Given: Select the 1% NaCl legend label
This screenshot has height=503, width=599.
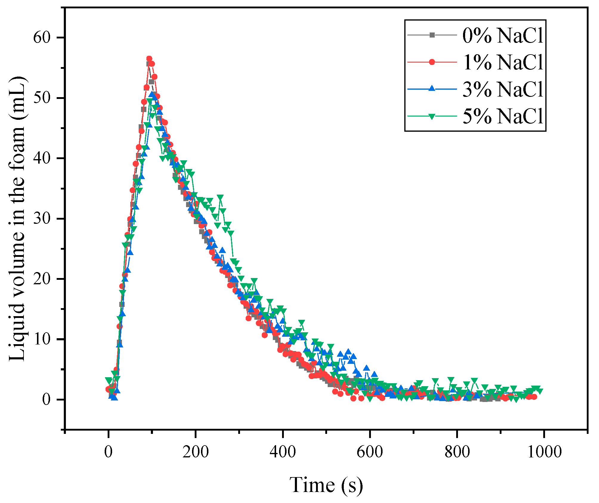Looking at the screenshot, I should [x=503, y=62].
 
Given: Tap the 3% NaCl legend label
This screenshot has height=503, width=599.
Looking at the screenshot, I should [x=503, y=89].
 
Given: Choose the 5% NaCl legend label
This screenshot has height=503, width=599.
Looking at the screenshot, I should [x=503, y=116].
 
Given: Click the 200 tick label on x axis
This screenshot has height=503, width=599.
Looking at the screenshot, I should [x=196, y=452].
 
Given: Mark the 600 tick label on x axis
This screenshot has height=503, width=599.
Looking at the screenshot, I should [x=370, y=452].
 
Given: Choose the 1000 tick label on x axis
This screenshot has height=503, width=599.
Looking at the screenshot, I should [x=544, y=452].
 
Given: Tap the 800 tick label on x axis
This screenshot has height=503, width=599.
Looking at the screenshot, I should [x=457, y=452].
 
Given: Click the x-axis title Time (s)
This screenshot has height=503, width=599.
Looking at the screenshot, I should [x=326, y=485].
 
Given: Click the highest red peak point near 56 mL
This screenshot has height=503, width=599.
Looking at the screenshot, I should [x=149, y=59].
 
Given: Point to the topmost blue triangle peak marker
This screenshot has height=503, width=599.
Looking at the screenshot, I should [x=152, y=94].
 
